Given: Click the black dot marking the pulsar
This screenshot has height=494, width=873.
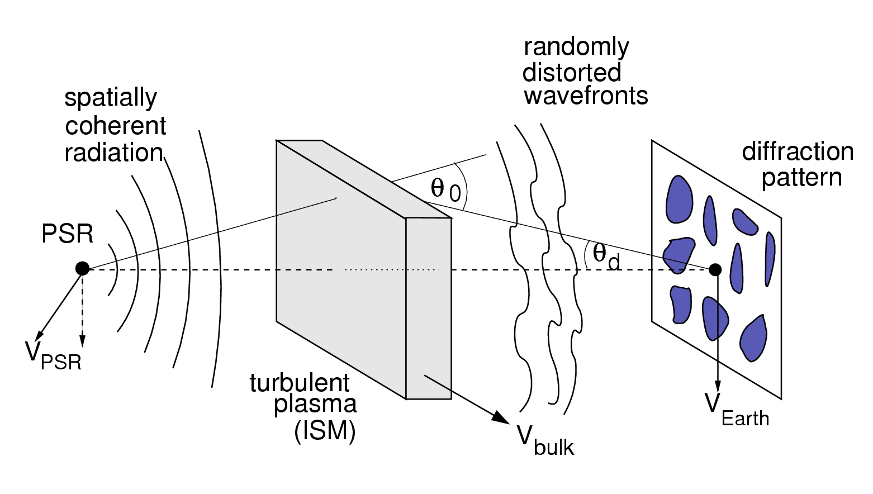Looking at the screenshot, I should pos(82,269).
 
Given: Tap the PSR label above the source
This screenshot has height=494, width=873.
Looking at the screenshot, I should pos(68,234).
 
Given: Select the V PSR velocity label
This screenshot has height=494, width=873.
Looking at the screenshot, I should pos(53,355).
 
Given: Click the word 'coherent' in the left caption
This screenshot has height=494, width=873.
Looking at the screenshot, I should pos(115,126).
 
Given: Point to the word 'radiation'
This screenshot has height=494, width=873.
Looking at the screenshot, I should pos(113,153).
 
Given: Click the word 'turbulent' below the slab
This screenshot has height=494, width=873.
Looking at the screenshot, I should pos(299,383).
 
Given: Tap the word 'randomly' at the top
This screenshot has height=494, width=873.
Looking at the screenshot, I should pos(576,47).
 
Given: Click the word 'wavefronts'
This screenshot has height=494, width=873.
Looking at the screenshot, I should pos(586,96).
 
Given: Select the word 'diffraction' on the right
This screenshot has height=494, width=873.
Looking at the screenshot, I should pos(798,152).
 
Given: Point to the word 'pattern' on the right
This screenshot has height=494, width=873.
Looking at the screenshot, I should pos(801,178).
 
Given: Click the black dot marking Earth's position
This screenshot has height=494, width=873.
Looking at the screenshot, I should pos(715,270).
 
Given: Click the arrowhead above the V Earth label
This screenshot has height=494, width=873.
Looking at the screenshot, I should pos(718,387).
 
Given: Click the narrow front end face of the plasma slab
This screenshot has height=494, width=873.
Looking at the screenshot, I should pos(428,308).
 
